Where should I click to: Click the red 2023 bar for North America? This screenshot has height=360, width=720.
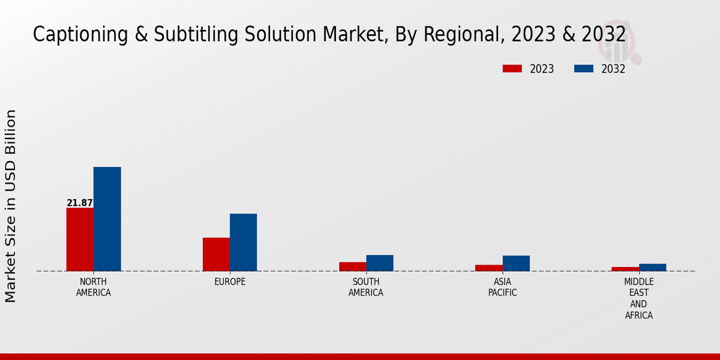pyautogui.click(x=80, y=239)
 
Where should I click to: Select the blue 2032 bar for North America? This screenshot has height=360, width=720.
pyautogui.click(x=107, y=219)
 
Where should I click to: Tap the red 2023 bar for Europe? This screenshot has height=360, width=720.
pyautogui.click(x=216, y=254)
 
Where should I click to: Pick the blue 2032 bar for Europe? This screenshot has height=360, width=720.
pyautogui.click(x=243, y=242)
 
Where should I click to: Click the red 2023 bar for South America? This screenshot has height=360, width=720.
pyautogui.click(x=352, y=266)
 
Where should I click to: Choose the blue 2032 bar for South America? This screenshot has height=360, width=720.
pyautogui.click(x=380, y=263)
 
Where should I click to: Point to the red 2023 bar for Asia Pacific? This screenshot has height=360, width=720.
pyautogui.click(x=488, y=268)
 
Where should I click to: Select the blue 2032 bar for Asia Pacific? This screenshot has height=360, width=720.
pyautogui.click(x=516, y=263)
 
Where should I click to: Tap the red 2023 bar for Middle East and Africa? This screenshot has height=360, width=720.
pyautogui.click(x=625, y=269)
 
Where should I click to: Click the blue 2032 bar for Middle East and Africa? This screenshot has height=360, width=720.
pyautogui.click(x=652, y=267)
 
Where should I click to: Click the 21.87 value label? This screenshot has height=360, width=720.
pyautogui.click(x=80, y=203)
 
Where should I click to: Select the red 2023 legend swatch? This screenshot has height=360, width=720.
pyautogui.click(x=512, y=69)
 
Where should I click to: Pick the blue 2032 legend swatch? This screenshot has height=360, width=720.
pyautogui.click(x=583, y=69)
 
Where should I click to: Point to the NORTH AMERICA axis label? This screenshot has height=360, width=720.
pyautogui.click(x=94, y=287)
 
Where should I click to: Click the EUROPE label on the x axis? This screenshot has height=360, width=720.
pyautogui.click(x=230, y=282)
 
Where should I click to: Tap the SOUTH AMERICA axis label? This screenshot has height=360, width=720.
pyautogui.click(x=366, y=287)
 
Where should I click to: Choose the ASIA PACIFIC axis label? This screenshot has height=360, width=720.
pyautogui.click(x=502, y=287)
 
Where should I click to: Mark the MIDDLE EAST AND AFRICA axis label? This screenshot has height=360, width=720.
pyautogui.click(x=639, y=299)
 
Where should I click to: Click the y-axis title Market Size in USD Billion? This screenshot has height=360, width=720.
pyautogui.click(x=11, y=206)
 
